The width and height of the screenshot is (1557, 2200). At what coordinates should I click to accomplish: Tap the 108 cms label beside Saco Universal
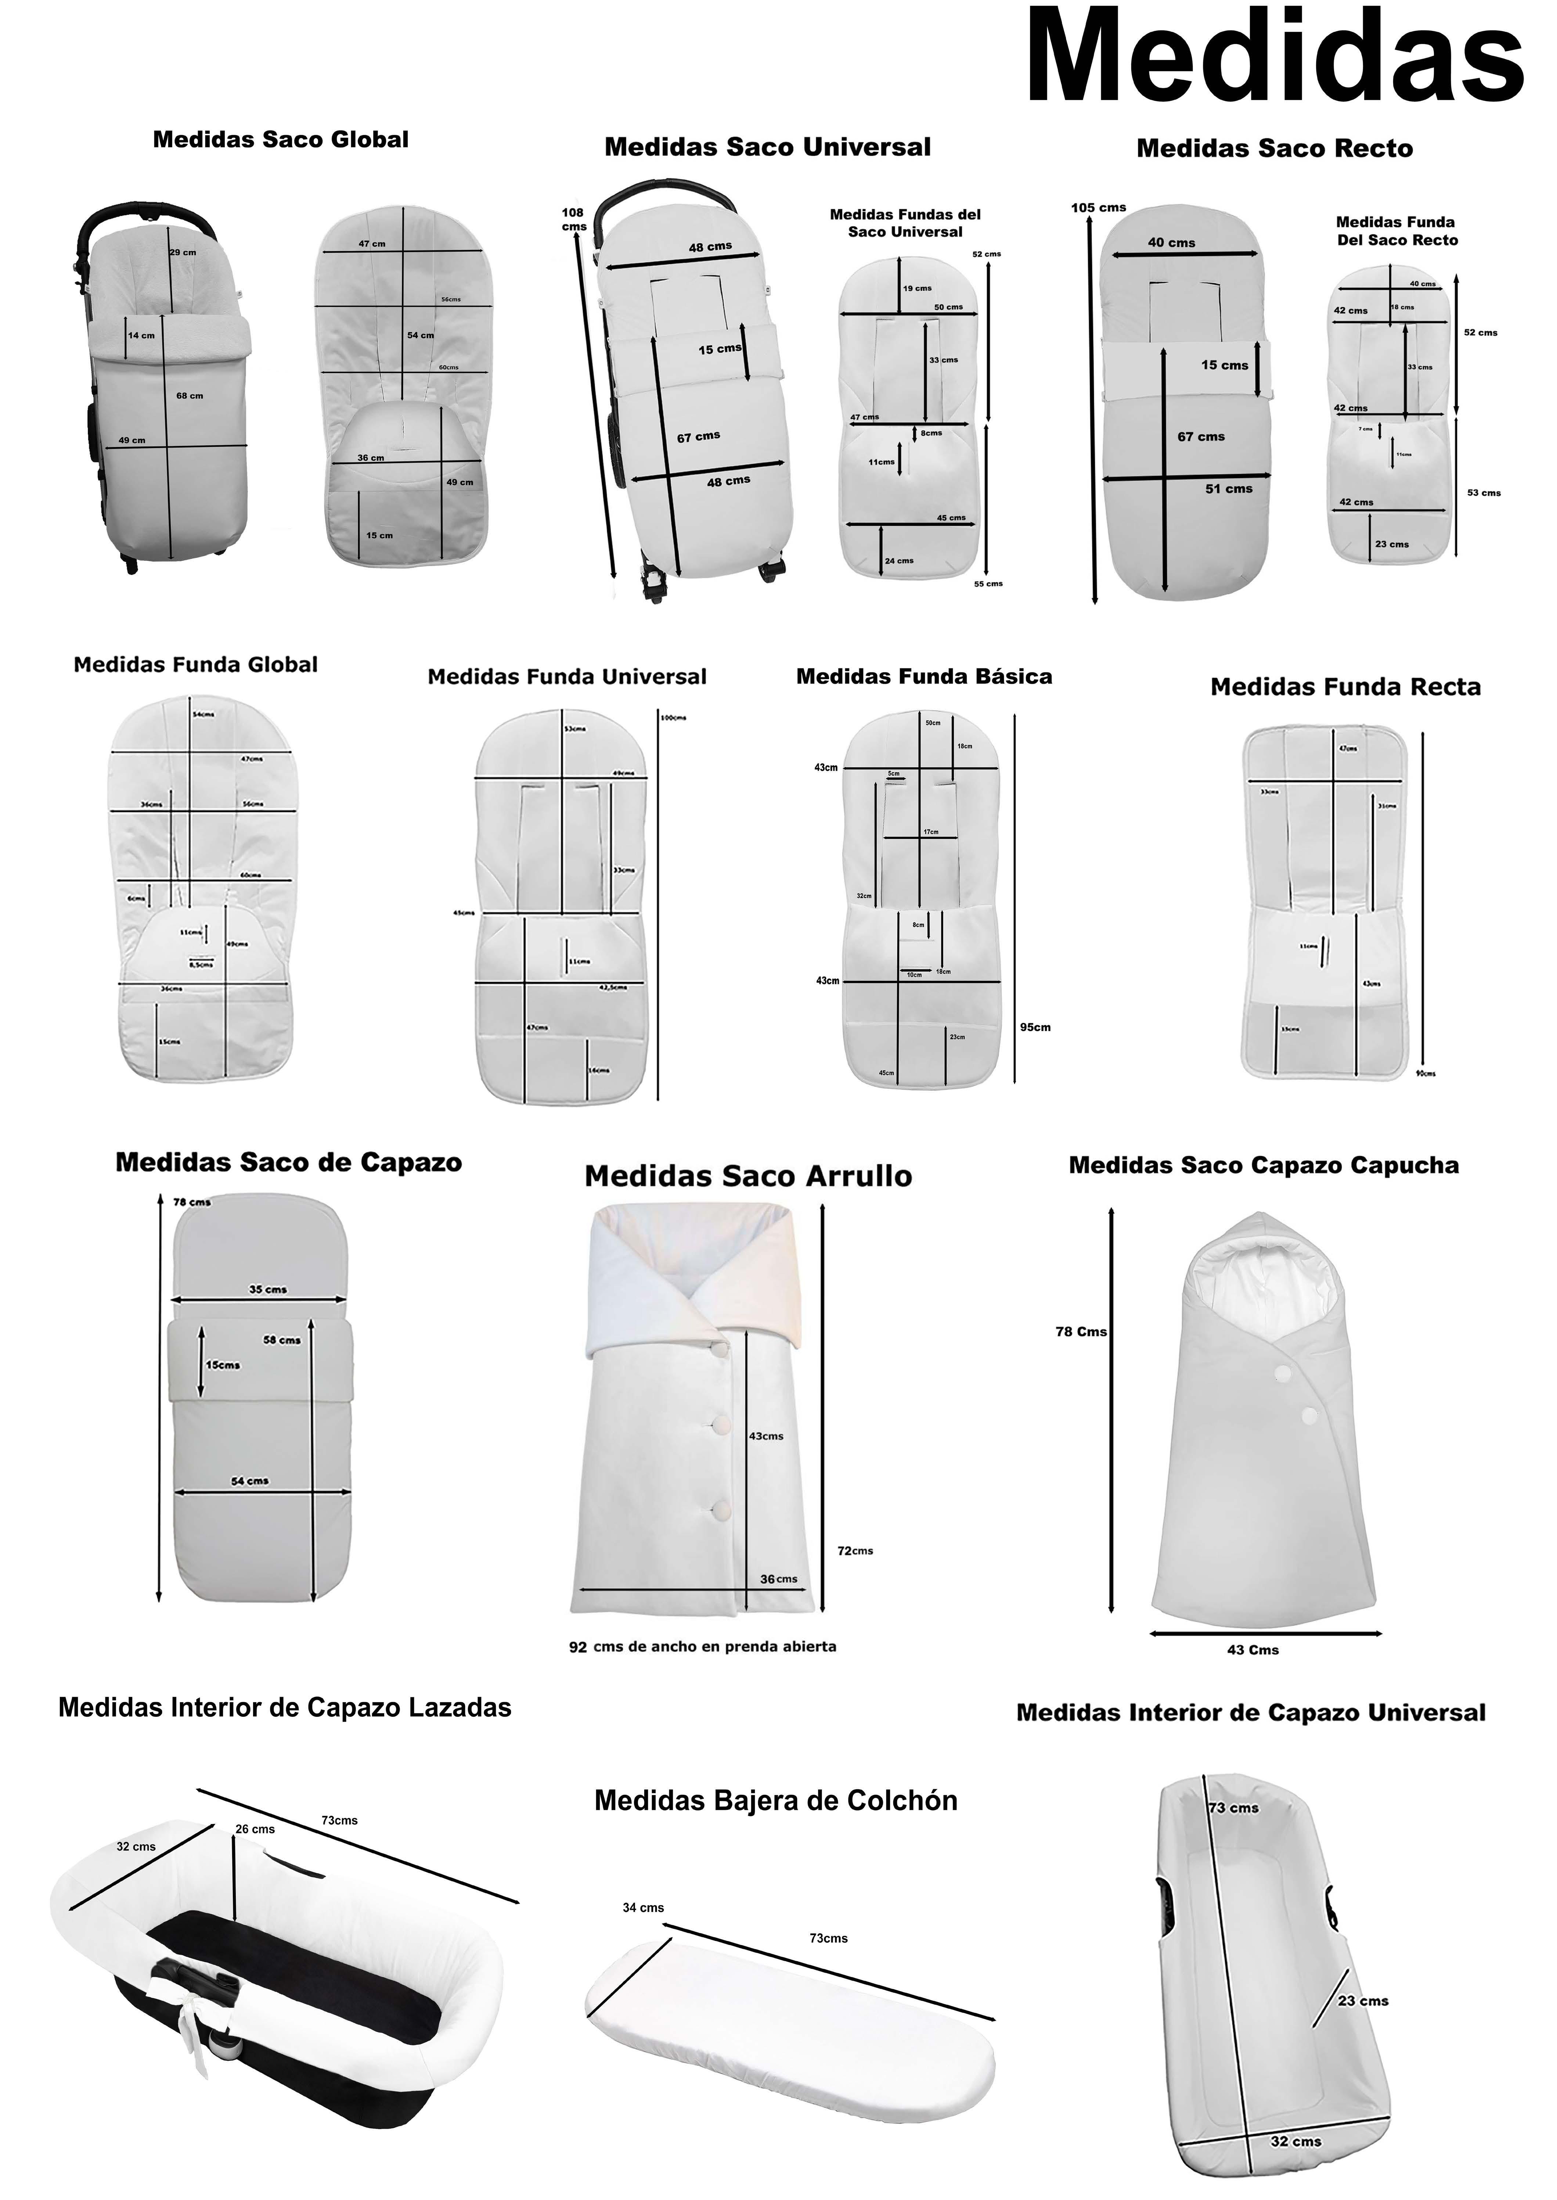[573, 219]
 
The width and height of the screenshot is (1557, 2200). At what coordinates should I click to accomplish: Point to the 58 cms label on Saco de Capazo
[282, 1340]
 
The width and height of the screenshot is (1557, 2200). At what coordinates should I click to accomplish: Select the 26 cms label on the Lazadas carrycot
[255, 1829]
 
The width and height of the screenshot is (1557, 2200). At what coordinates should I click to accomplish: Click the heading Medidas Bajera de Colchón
[776, 1801]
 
